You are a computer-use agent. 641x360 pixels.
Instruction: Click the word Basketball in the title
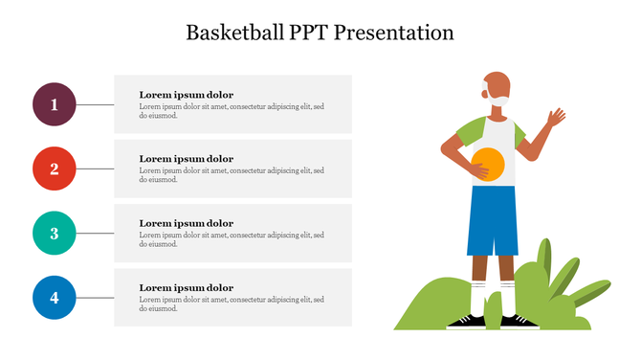click(x=233, y=33)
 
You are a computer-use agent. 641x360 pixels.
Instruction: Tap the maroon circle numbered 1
click(x=55, y=104)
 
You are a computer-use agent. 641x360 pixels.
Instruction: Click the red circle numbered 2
click(x=55, y=169)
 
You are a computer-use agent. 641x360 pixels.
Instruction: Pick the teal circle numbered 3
click(x=55, y=233)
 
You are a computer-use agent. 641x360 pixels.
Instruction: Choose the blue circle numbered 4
click(x=55, y=298)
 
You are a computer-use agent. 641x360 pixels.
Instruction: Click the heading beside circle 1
click(x=186, y=95)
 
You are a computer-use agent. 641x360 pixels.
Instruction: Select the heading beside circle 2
click(x=186, y=159)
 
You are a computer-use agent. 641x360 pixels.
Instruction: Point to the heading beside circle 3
click(x=186, y=223)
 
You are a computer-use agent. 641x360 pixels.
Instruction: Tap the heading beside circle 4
click(x=186, y=287)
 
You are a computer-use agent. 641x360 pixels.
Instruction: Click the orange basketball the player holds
click(x=488, y=164)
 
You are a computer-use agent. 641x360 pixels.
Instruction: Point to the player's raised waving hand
click(x=555, y=119)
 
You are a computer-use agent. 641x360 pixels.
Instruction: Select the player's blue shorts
click(x=493, y=220)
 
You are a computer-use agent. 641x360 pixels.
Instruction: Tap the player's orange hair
click(x=494, y=80)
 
